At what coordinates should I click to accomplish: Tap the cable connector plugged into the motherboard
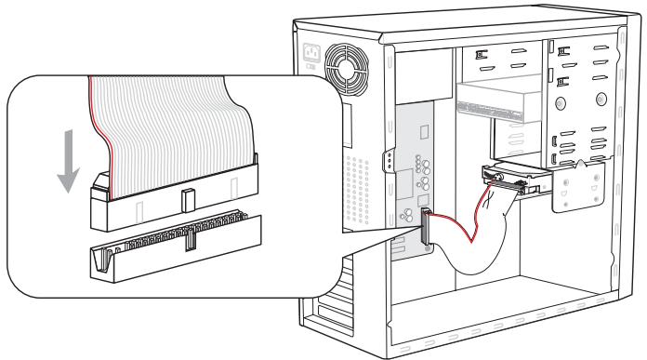pyautogui.click(x=426, y=228)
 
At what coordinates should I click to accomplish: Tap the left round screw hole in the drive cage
pyautogui.click(x=555, y=141)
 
